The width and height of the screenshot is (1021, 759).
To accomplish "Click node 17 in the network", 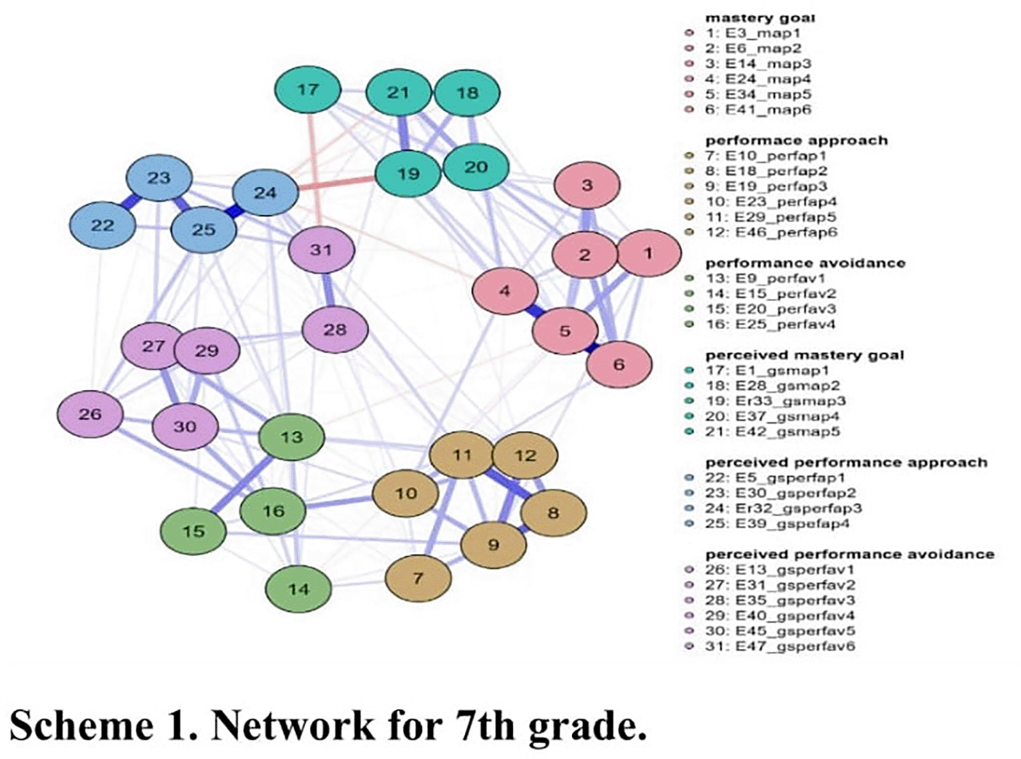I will tap(308, 90).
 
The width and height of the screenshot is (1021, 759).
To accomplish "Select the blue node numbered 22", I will tap(103, 225).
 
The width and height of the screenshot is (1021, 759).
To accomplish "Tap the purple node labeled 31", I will tap(321, 250).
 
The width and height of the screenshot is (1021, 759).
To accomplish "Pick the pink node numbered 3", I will tap(587, 185).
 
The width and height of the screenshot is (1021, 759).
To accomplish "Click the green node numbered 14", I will tap(298, 589).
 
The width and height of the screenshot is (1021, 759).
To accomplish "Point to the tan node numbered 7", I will tap(418, 578).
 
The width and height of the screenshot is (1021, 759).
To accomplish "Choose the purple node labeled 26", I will tap(90, 414).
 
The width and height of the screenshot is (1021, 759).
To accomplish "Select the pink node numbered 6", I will tap(619, 364).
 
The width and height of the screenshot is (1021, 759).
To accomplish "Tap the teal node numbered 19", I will tap(408, 174).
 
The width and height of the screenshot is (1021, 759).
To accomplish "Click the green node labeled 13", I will tap(292, 437).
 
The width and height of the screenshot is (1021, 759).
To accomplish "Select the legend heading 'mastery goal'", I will tap(760, 18).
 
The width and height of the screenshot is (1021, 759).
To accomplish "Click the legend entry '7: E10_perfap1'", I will tap(766, 156).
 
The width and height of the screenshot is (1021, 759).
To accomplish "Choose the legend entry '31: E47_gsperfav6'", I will tap(780, 646).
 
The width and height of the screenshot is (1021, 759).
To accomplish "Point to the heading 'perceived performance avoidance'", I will tap(849, 554).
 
